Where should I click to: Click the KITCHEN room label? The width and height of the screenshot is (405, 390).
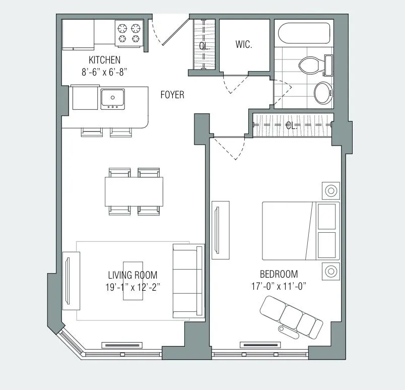pyautogui.click(x=104, y=60)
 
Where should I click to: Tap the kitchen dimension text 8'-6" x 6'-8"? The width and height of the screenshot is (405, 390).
pyautogui.click(x=104, y=72)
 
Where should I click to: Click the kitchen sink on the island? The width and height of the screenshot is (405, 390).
pyautogui.click(x=113, y=98)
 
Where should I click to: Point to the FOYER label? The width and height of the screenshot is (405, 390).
pyautogui.click(x=172, y=95)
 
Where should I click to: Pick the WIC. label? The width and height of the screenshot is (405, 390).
pyautogui.click(x=243, y=44)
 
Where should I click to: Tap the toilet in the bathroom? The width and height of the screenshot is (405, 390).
pyautogui.click(x=312, y=65)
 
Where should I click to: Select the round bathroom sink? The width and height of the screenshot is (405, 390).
pyautogui.click(x=322, y=93)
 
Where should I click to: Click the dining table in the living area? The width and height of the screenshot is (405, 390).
pyautogui.click(x=134, y=191)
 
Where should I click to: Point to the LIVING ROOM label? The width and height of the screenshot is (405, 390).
pyautogui.click(x=132, y=275)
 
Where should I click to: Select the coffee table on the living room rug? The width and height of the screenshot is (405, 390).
pyautogui.click(x=133, y=280)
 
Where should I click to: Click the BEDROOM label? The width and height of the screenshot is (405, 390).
pyautogui.click(x=279, y=275)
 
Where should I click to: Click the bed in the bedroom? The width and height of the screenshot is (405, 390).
pyautogui.click(x=300, y=231)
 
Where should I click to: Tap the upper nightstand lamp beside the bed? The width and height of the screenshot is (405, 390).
pyautogui.click(x=331, y=190)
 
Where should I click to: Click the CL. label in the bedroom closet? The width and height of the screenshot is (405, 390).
pyautogui.click(x=292, y=126)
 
